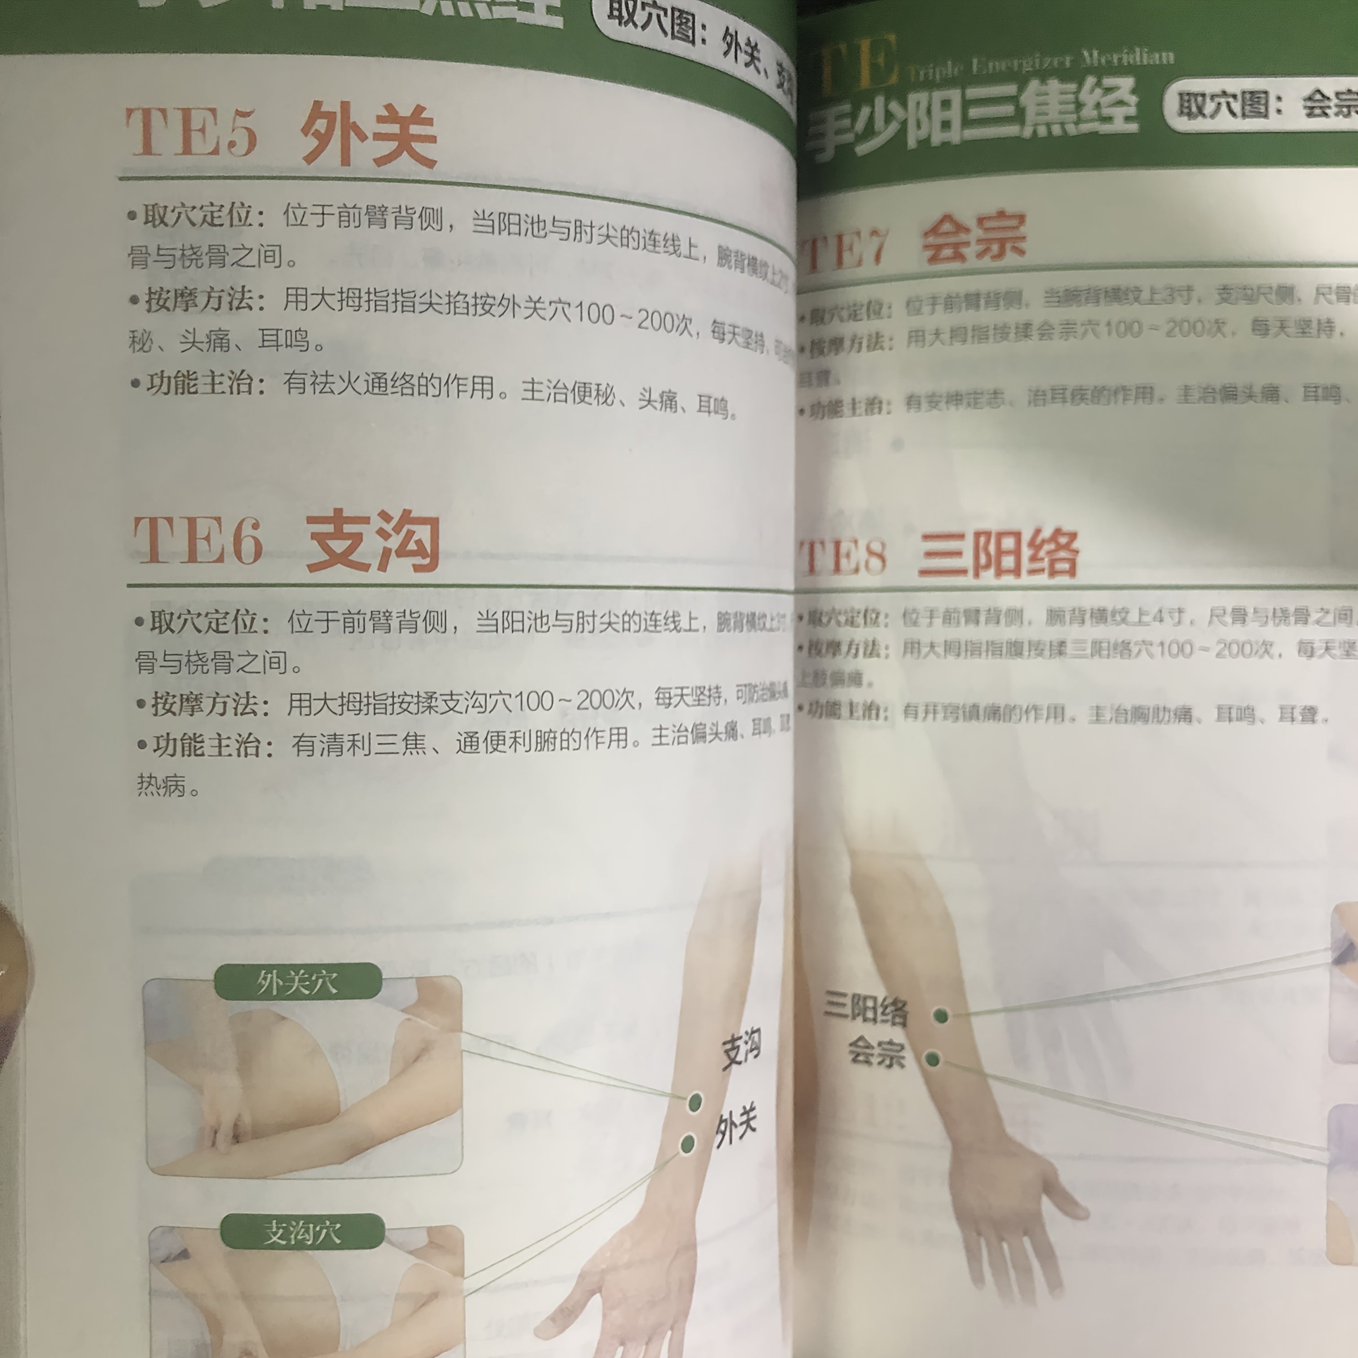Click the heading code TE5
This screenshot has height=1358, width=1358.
pyautogui.click(x=191, y=132)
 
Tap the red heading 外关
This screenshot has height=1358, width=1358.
pyautogui.click(x=368, y=135)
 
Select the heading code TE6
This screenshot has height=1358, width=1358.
pyautogui.click(x=198, y=540)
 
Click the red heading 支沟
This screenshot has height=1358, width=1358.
pyautogui.click(x=373, y=541)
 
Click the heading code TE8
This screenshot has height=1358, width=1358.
pyautogui.click(x=843, y=557)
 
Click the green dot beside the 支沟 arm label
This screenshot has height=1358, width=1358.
pyautogui.click(x=694, y=1102)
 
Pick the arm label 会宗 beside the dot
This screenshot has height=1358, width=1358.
pyautogui.click(x=876, y=1052)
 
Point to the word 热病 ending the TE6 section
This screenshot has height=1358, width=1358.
pyautogui.click(x=162, y=785)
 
